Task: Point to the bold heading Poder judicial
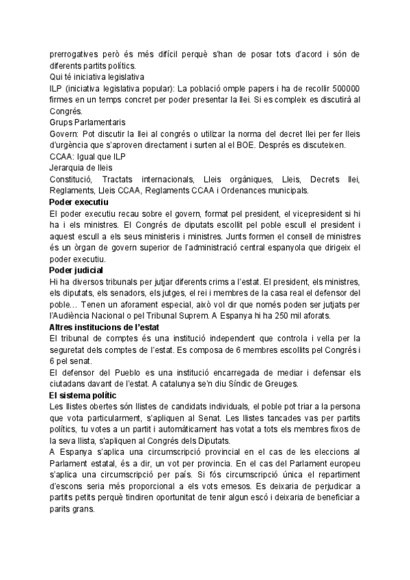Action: click(x=77, y=270)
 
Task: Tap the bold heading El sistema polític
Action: click(x=83, y=396)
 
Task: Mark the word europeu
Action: click(x=340, y=465)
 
